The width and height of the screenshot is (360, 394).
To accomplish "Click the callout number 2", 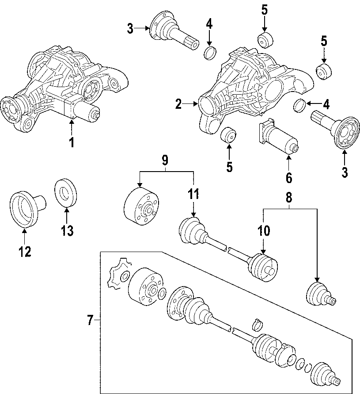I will (178, 104).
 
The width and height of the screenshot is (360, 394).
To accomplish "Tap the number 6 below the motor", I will (288, 177).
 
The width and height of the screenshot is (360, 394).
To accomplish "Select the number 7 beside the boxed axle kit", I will (90, 320).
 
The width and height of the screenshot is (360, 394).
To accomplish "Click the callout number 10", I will (264, 230).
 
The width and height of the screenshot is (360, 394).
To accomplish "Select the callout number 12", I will (25, 251).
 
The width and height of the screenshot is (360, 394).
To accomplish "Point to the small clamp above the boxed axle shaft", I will (256, 325).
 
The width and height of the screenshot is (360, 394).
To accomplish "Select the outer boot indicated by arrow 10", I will (263, 266).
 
